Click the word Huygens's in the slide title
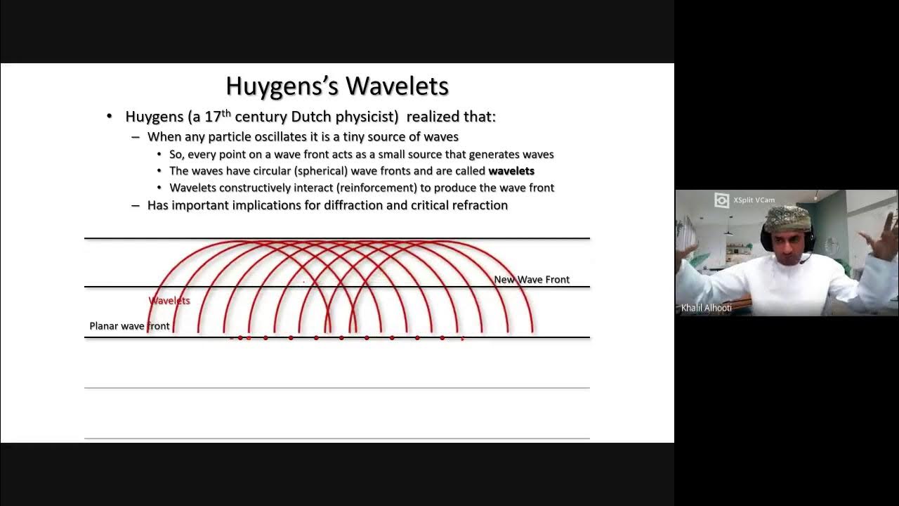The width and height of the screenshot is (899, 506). (282, 86)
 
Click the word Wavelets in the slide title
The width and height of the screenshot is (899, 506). (397, 86)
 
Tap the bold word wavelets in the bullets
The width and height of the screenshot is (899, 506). (511, 171)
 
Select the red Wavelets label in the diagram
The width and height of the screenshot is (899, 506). (169, 301)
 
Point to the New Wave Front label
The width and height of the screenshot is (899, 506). (532, 280)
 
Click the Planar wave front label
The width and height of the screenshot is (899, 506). (130, 326)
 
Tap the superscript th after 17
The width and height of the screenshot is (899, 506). (226, 113)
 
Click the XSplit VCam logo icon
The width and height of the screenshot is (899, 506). (721, 200)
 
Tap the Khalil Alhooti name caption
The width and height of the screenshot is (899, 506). (707, 308)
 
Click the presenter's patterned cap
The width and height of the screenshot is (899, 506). (787, 217)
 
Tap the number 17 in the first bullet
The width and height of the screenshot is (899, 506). (213, 117)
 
